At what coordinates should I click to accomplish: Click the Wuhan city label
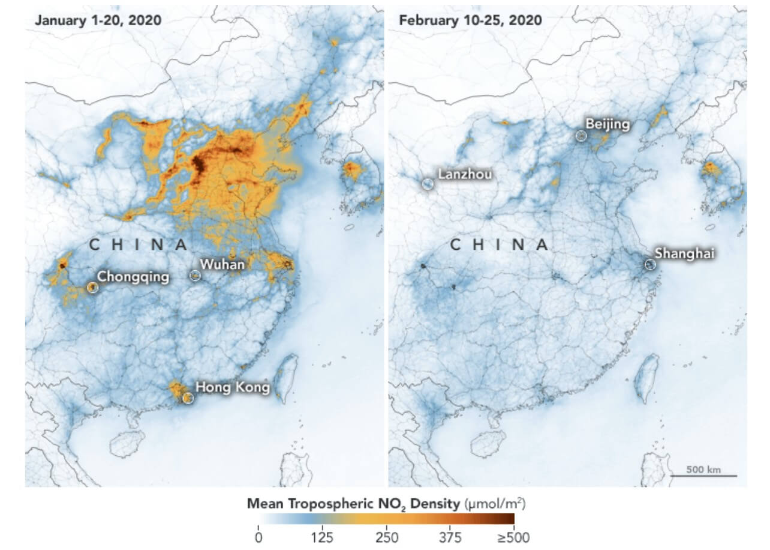point(222,264)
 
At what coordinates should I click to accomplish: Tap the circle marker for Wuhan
point(194,276)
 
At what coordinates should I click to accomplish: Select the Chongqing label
point(133,277)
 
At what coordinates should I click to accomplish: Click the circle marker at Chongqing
point(92,288)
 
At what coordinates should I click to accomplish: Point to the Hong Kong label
point(233,387)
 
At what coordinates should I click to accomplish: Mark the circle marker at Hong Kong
point(188,398)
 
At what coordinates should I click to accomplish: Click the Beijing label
point(607,124)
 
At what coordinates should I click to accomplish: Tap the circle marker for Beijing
point(580,136)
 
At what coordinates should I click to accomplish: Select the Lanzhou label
point(465,174)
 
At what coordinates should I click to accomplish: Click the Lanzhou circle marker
point(428,184)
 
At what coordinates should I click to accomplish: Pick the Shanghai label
point(684,253)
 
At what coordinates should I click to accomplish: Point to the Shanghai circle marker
point(650,264)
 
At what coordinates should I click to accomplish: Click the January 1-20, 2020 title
point(98,20)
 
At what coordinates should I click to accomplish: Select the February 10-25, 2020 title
point(470,20)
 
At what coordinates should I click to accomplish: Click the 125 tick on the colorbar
point(322,537)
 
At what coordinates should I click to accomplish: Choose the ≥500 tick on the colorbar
point(515,537)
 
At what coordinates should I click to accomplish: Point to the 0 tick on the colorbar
point(258,537)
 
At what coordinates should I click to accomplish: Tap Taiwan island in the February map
point(646,378)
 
